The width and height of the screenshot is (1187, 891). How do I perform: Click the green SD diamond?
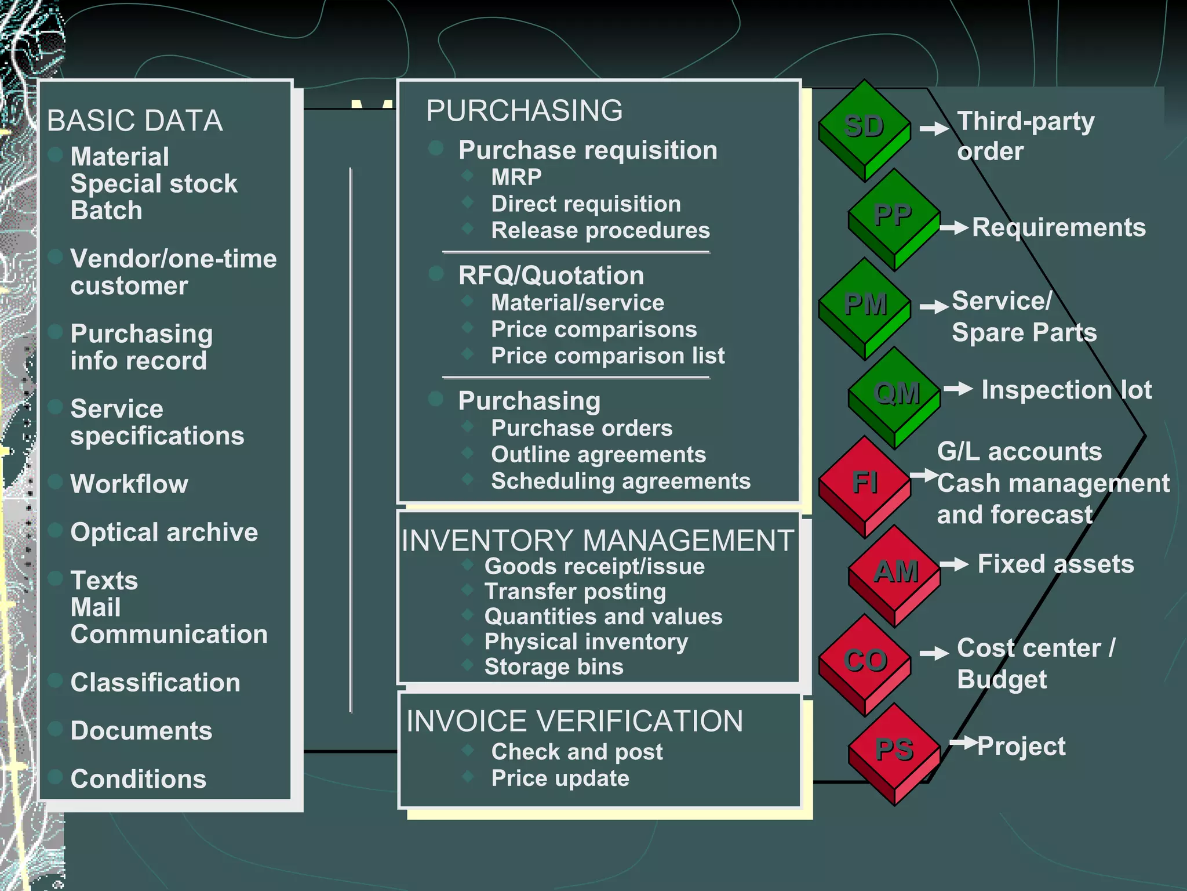864,128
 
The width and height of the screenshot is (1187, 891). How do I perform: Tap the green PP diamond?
894,217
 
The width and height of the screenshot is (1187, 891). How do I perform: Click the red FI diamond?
864,484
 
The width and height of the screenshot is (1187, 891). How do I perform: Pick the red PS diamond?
894,751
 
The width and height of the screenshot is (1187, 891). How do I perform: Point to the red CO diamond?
864,662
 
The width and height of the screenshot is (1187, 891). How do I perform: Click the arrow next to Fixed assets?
954,564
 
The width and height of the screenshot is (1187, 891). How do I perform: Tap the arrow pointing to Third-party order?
934,128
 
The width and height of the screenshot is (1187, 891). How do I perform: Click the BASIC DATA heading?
134,121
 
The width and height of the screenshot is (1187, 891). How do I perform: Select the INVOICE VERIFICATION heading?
574,721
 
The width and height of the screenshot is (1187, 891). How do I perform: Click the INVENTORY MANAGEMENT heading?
598,541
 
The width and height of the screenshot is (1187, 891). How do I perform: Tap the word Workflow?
129,484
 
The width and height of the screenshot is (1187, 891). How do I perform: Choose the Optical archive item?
164,532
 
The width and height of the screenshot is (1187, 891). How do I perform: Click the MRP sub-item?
516,177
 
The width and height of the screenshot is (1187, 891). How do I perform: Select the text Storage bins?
554,667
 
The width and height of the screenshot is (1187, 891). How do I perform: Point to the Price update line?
560,778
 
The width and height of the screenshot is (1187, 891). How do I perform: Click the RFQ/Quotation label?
551,276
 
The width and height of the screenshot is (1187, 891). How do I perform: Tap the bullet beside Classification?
56,680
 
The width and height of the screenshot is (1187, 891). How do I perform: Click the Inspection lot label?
1066,390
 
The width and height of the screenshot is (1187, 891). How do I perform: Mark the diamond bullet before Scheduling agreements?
468,479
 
